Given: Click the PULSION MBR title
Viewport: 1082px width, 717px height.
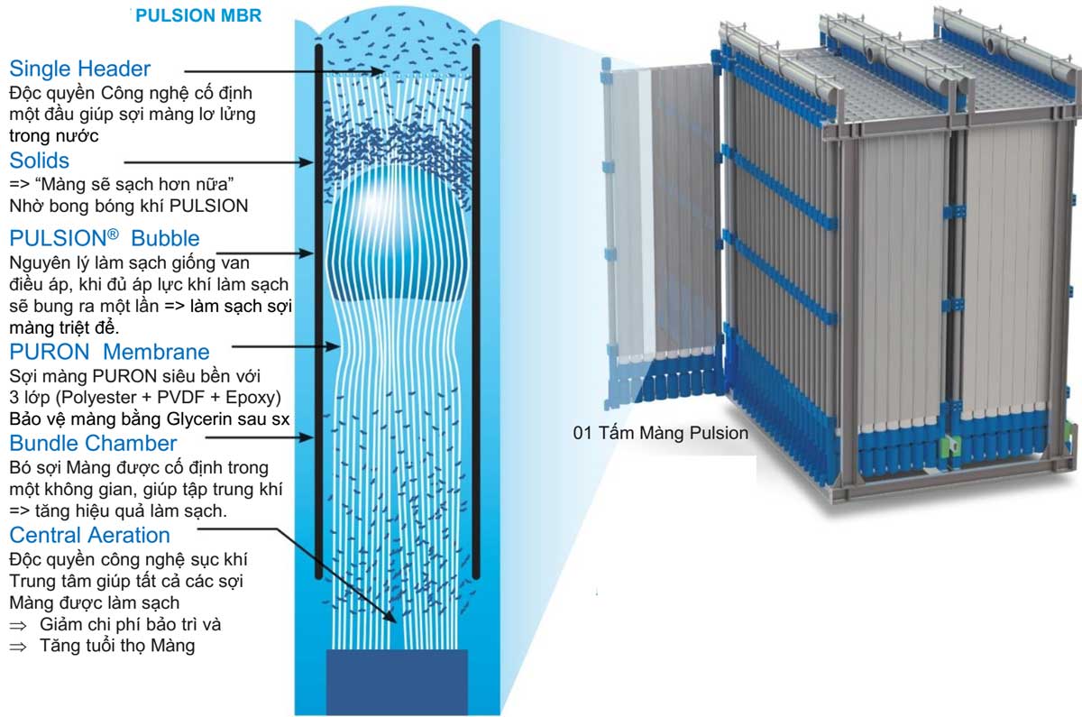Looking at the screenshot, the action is [198, 15].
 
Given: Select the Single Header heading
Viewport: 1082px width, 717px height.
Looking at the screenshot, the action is [79, 69].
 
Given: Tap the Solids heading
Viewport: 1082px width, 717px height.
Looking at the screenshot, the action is [39, 161].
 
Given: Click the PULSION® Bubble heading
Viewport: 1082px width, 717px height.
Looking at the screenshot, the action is [105, 238].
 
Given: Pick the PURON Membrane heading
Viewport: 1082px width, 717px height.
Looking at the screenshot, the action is [110, 352].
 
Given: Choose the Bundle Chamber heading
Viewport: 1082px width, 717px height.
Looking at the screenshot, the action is [93, 443].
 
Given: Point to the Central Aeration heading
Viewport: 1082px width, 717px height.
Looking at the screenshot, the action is [90, 535].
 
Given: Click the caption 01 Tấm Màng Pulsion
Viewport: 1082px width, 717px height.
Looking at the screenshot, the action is [660, 433].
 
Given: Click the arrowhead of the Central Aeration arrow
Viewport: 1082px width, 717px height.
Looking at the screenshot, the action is [390, 618].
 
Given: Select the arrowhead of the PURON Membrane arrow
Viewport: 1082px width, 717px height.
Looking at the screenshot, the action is [333, 346].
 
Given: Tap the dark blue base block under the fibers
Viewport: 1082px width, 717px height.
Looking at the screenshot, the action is [397, 682].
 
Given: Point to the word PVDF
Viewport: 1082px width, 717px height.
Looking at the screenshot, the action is [181, 397].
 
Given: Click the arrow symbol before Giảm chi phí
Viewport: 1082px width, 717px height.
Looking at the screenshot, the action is [18, 626].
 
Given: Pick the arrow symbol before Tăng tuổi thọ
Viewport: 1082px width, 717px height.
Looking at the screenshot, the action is [18, 647].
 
